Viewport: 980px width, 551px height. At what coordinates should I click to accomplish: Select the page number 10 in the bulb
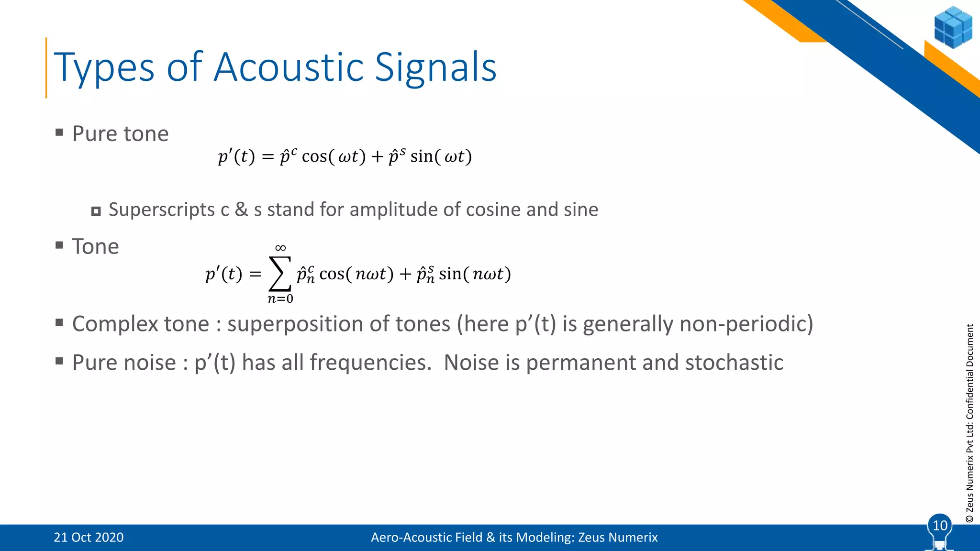click(x=940, y=526)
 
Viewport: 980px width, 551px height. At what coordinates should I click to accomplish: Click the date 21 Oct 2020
click(x=89, y=538)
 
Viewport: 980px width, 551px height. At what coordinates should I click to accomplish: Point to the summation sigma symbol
click(x=280, y=274)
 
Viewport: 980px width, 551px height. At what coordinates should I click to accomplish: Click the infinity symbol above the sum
click(x=280, y=248)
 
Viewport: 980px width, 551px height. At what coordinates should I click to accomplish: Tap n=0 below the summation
click(x=280, y=299)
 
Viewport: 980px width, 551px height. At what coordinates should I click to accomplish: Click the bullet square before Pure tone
click(x=59, y=132)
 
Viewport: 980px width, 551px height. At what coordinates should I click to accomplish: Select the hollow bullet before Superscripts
click(x=96, y=211)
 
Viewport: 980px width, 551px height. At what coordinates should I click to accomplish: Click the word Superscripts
click(x=162, y=210)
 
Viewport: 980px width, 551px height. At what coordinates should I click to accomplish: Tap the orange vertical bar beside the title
click(x=46, y=68)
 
